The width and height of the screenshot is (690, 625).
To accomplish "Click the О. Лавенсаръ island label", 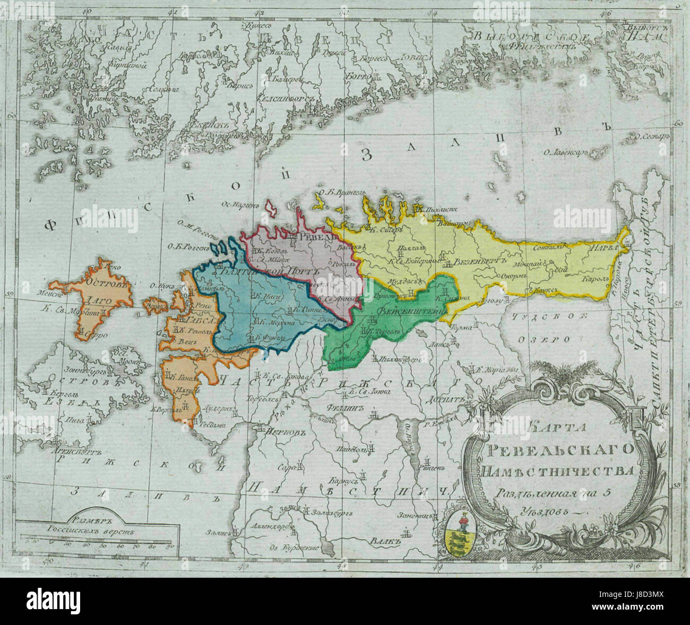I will point(564,153).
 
